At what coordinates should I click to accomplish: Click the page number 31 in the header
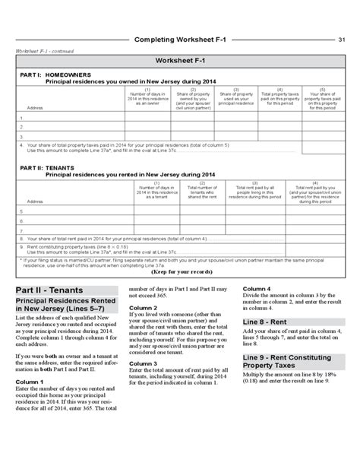[342, 40]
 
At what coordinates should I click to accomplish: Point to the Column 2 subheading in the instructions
[143, 308]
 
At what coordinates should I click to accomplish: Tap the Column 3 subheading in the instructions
[143, 364]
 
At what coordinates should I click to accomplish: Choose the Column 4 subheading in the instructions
[257, 289]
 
